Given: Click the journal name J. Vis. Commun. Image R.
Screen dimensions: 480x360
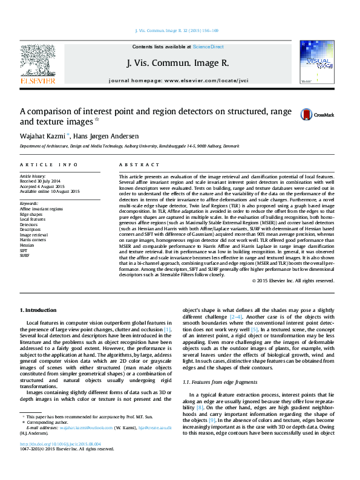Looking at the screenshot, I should click(x=178, y=62).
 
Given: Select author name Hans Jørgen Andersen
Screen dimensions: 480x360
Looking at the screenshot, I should click(x=106, y=136).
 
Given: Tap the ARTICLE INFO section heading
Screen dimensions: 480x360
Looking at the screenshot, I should click(x=49, y=164).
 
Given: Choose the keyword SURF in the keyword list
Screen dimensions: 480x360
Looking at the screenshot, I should click(x=25, y=256).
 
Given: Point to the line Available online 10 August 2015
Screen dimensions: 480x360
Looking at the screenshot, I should click(x=50, y=191).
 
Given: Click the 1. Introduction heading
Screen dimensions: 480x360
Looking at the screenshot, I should click(x=38, y=310).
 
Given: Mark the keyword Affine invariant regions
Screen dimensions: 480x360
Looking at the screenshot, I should click(x=41, y=209).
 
